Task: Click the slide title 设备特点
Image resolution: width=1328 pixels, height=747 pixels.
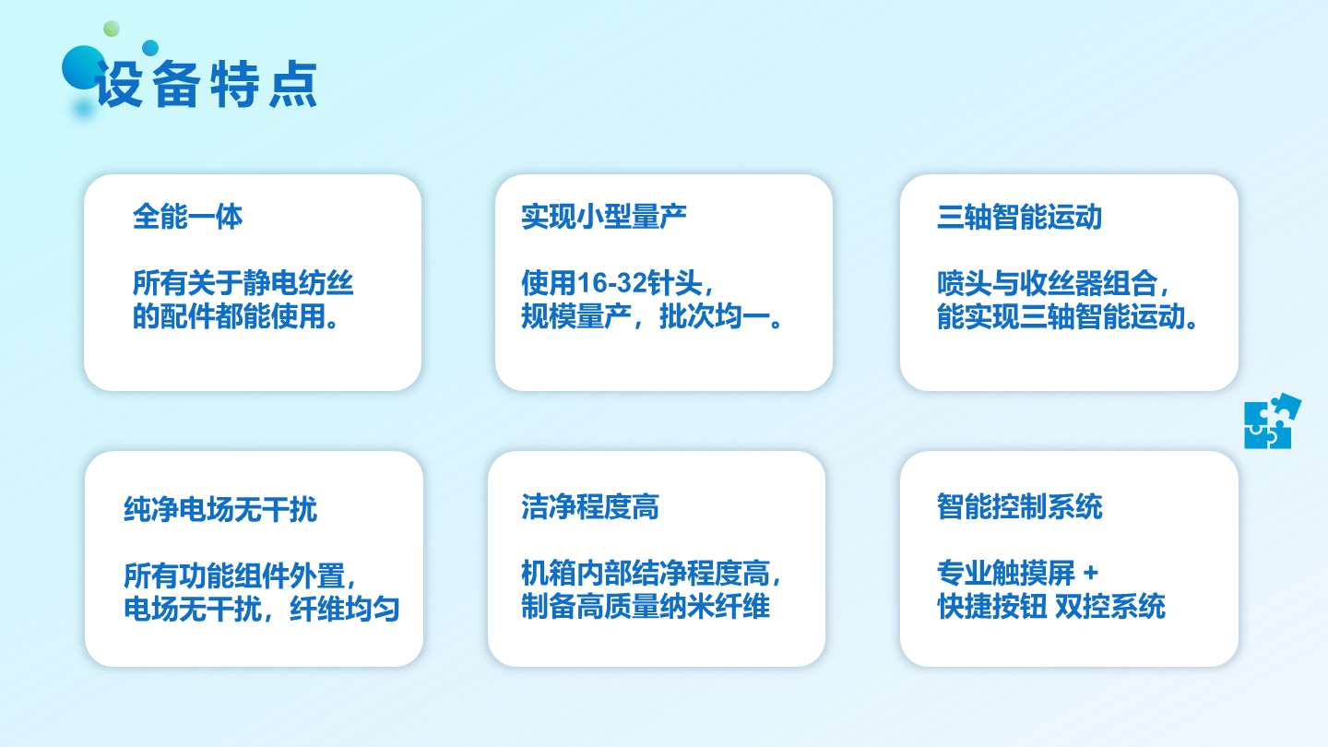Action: (206, 84)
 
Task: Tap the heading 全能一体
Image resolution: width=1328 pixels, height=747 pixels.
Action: (187, 217)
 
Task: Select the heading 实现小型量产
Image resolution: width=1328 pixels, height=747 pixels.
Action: (603, 217)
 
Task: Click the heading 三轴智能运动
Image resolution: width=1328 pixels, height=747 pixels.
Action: (1019, 217)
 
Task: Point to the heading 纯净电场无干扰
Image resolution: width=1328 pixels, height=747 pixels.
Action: (220, 509)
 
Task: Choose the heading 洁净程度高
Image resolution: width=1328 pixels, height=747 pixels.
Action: (590, 507)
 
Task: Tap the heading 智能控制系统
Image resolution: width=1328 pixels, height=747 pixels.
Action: (1019, 507)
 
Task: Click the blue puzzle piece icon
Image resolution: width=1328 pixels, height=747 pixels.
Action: (1271, 421)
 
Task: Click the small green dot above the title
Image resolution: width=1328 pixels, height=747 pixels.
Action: (112, 29)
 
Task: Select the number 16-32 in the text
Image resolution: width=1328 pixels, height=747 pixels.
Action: (611, 283)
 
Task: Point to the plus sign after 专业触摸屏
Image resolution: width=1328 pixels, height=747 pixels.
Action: (1090, 573)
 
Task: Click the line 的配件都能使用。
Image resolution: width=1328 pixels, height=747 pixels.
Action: (235, 316)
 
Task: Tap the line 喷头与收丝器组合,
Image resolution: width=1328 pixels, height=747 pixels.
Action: (1053, 283)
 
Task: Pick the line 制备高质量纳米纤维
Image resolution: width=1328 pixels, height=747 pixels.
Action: (645, 606)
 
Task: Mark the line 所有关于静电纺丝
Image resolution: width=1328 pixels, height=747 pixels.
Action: (243, 283)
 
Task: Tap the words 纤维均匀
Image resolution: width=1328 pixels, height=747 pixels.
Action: (345, 609)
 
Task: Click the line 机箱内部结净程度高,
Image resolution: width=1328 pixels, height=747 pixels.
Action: (651, 573)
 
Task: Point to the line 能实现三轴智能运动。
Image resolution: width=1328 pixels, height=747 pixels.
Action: (1067, 316)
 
